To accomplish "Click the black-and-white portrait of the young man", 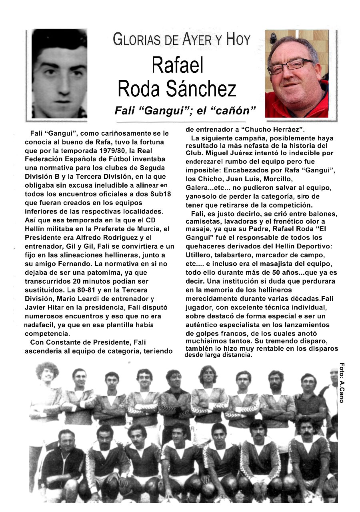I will pyautogui.click(x=59, y=74).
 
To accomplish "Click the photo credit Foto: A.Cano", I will pyautogui.click(x=342, y=382).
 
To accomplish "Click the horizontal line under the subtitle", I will pyautogui.click(x=180, y=122).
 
